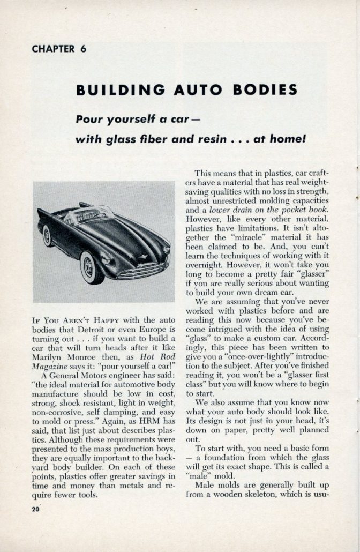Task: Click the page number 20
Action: pyautogui.click(x=36, y=509)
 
